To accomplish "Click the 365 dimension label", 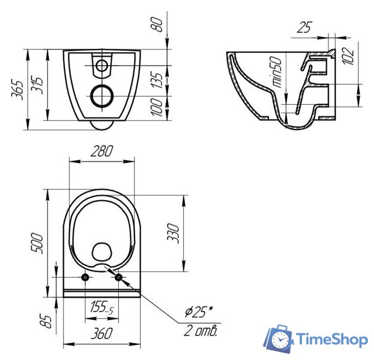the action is (17, 90).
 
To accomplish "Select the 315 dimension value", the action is (37, 85).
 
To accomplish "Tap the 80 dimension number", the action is (157, 24).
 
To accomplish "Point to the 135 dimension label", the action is (157, 80).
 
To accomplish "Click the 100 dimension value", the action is (157, 107).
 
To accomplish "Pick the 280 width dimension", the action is (102, 151).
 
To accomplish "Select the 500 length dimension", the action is (37, 243).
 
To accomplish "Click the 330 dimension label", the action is (173, 233).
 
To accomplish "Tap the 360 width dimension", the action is (102, 333).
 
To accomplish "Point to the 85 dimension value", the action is (46, 322).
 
